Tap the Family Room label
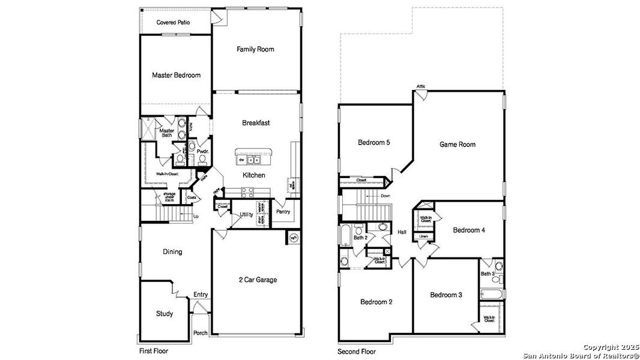(255, 49)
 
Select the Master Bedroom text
(176, 76)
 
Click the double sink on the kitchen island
(255, 160)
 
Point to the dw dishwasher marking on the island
(241, 160)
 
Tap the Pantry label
(283, 212)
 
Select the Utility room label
(246, 214)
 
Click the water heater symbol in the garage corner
(294, 237)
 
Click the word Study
(165, 314)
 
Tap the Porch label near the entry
(201, 333)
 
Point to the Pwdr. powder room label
(202, 152)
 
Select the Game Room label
(457, 145)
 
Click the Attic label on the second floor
(421, 87)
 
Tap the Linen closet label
(424, 236)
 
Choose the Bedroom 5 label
(374, 143)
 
